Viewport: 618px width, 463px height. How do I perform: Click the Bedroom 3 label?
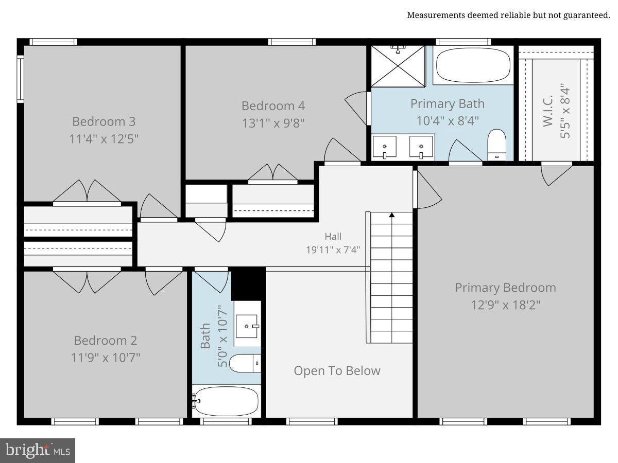click(104, 121)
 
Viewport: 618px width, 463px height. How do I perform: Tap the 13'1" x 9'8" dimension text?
click(273, 123)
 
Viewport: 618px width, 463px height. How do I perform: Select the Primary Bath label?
click(448, 104)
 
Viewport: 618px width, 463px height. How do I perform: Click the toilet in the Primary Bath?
click(496, 145)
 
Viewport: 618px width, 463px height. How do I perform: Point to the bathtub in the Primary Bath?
click(473, 65)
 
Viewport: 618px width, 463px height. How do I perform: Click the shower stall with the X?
click(398, 66)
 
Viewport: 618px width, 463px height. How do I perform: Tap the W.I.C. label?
click(548, 111)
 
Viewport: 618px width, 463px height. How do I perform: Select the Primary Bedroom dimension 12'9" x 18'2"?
click(506, 305)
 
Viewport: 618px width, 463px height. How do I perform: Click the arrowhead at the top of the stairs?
click(391, 215)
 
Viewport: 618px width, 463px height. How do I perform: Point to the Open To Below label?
click(337, 371)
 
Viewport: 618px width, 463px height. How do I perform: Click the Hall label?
click(333, 237)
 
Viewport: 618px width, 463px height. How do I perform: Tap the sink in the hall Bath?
click(247, 326)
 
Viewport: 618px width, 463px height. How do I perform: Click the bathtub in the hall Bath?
click(227, 401)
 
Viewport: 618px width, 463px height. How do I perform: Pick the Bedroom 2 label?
click(106, 341)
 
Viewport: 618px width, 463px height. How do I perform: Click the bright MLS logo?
click(38, 451)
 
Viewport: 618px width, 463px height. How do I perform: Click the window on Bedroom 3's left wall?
click(20, 79)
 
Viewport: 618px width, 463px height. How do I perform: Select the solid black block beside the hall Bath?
click(248, 283)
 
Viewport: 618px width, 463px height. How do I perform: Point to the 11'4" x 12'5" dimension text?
click(104, 139)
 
